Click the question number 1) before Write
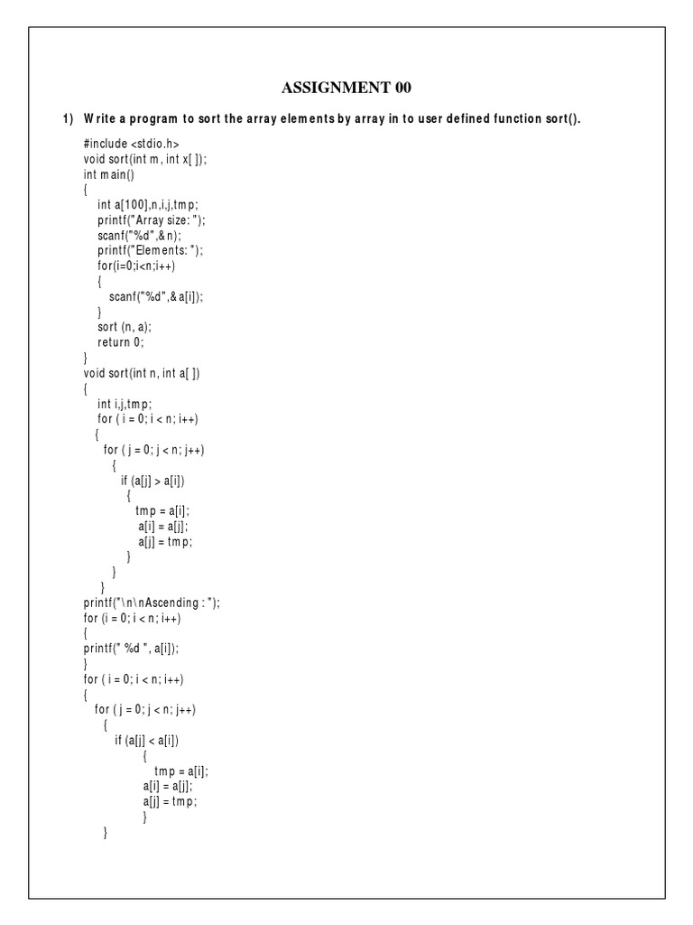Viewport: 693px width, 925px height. tap(68, 118)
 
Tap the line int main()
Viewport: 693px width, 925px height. tap(108, 173)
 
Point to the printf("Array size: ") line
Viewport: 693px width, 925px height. tap(158, 220)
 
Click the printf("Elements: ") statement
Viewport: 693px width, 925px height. tap(152, 250)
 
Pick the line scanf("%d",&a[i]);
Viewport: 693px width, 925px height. tap(157, 296)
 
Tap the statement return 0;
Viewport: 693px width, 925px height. tap(121, 342)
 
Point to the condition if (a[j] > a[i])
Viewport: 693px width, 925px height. tap(159, 481)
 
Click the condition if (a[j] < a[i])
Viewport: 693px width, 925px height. tap(147, 741)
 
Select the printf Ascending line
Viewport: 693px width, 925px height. tap(152, 603)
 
